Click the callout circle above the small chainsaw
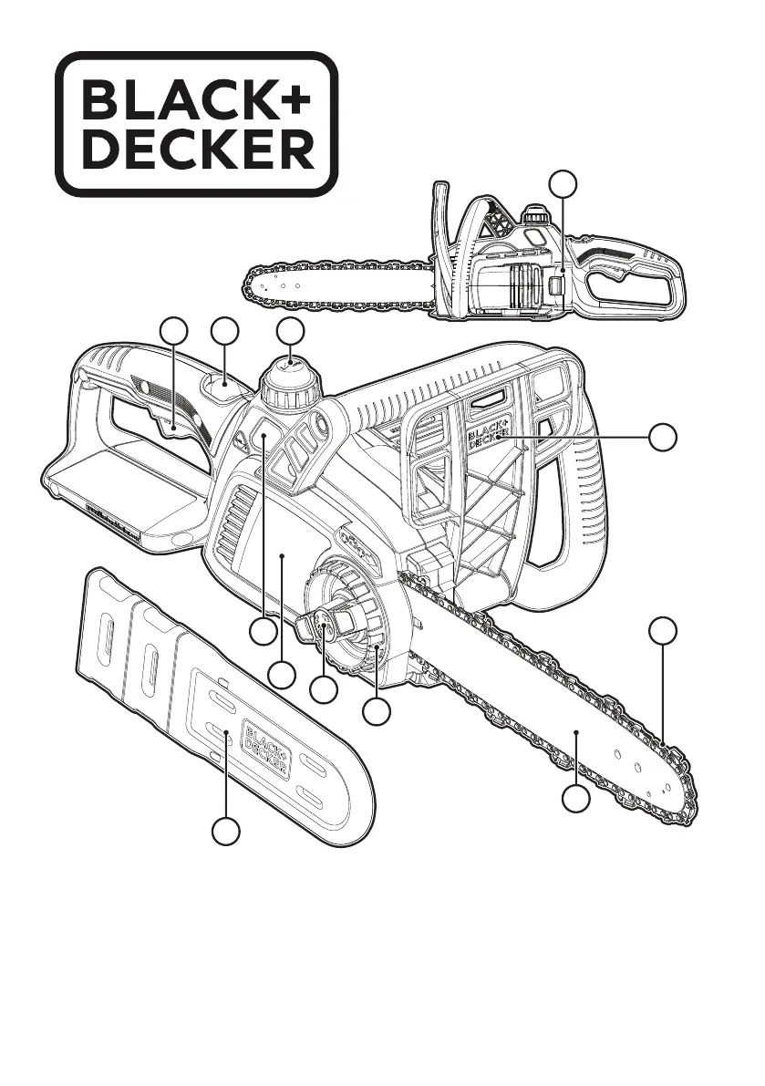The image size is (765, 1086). click(564, 185)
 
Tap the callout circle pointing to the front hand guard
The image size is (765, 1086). click(665, 437)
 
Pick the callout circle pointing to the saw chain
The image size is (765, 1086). click(665, 631)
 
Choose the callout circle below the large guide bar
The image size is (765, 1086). click(574, 802)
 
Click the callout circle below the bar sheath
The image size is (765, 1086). click(226, 832)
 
